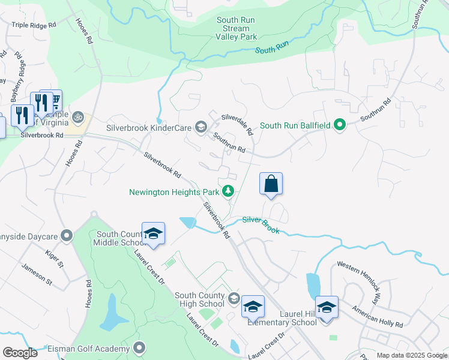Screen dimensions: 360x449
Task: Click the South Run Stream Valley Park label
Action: (x=235, y=28)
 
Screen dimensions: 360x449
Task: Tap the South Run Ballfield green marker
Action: (x=340, y=126)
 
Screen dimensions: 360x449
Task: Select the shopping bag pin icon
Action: (x=271, y=184)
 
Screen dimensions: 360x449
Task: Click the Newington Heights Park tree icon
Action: (x=228, y=192)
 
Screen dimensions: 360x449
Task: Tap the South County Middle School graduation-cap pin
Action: (x=153, y=233)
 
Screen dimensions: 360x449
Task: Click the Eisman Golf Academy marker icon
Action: (x=140, y=348)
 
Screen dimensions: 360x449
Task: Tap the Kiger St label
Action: (x=53, y=259)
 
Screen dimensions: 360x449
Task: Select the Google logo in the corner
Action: (x=20, y=352)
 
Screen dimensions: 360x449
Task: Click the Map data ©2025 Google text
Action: (x=412, y=355)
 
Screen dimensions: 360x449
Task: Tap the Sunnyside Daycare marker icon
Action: (x=67, y=235)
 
